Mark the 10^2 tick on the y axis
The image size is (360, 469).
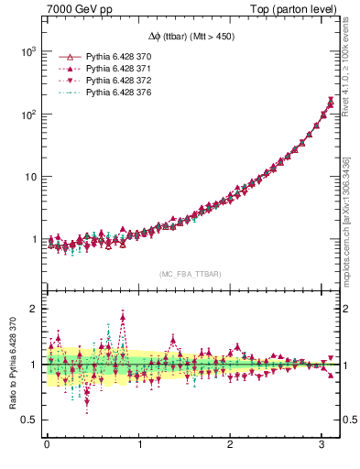coord(29,114)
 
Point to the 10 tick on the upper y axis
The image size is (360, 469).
coord(33,176)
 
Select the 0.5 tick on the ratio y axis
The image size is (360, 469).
coord(31,420)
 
